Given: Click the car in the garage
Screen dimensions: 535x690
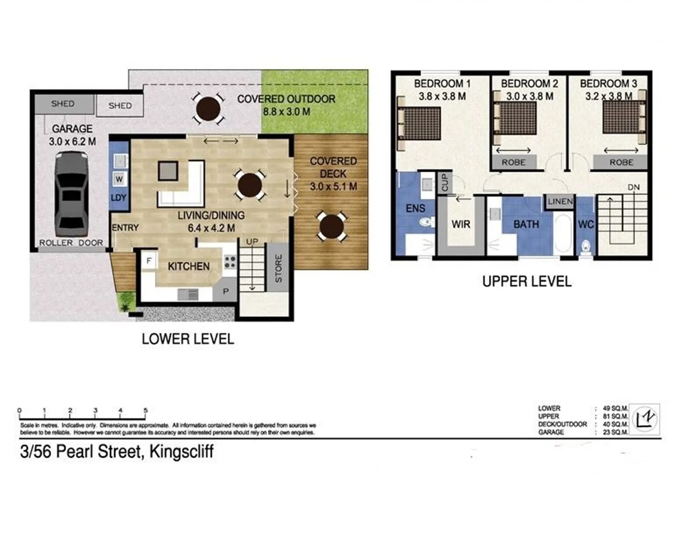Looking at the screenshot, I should point(71,195).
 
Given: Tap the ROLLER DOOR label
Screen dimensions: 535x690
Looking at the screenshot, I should point(71,243).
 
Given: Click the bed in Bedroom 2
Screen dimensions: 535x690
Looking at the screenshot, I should point(516,119).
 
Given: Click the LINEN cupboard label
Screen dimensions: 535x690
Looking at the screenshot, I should point(560,201).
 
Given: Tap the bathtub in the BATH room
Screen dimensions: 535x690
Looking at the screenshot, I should point(563,233).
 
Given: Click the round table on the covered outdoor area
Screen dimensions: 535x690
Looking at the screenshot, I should point(208,108).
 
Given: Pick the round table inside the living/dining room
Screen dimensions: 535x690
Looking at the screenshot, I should point(250,185).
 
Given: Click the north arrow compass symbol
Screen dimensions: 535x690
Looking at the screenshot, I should point(645,419).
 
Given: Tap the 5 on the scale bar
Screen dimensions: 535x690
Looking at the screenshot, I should point(146,411).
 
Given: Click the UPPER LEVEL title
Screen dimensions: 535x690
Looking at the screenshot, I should point(527,281).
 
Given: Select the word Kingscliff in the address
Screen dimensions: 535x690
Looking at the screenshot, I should point(182,452).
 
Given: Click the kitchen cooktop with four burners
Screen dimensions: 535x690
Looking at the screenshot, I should point(230,262).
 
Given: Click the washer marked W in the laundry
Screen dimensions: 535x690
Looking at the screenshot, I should point(119,179).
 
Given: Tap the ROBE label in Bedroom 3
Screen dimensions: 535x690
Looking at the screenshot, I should point(621,162).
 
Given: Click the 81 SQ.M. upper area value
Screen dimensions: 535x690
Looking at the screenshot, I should point(615,417).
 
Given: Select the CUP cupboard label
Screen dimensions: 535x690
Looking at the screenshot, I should point(444,182).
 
